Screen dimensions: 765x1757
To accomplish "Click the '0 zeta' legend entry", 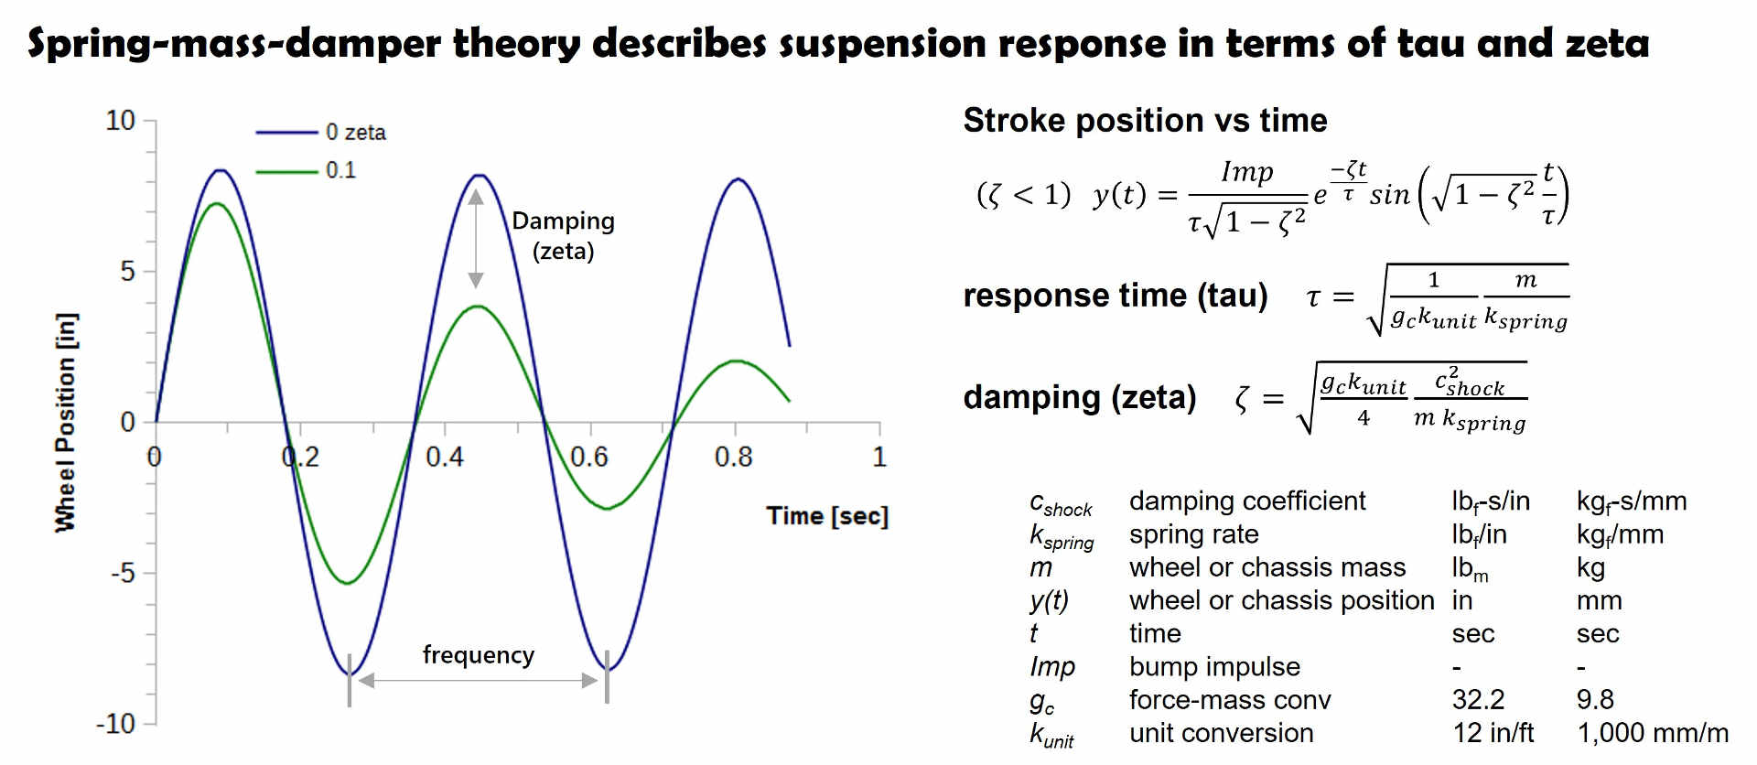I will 355,133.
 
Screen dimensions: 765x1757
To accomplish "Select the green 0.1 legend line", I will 286,171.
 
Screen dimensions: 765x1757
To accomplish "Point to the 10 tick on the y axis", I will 121,121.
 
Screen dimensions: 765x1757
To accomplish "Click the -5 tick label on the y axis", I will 123,574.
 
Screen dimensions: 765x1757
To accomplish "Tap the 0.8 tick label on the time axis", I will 733,457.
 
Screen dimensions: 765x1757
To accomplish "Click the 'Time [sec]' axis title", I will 827,516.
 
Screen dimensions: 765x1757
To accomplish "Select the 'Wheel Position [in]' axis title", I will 66,422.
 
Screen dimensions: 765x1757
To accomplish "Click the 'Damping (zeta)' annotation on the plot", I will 563,235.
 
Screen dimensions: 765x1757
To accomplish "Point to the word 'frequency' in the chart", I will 478,655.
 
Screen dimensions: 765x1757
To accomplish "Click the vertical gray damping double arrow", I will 476,239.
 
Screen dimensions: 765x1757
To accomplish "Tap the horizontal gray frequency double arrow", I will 478,681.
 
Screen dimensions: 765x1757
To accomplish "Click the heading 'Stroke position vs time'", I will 1145,121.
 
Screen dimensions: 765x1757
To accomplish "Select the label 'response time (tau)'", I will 1116,296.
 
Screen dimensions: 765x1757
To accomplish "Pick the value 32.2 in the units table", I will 1478,700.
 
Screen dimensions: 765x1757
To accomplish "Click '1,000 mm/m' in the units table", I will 1652,733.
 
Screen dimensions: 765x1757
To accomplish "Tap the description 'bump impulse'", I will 1214,667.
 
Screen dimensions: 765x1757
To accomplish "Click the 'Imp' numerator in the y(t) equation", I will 1246,172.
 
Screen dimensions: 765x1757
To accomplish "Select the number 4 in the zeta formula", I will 1364,418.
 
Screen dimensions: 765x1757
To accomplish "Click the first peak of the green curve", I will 217,204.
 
